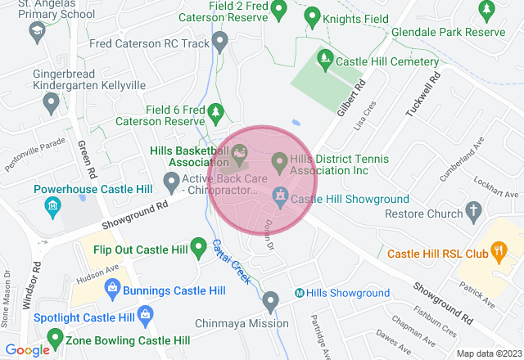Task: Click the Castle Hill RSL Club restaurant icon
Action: (x=496, y=250)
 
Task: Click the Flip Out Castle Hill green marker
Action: (x=198, y=246)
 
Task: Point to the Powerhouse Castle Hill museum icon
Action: (x=52, y=205)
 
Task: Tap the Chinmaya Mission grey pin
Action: (x=271, y=304)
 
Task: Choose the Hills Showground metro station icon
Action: (x=300, y=293)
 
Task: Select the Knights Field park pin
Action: (x=311, y=16)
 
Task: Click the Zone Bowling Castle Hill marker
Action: (x=55, y=337)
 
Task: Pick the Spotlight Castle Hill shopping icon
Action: (x=145, y=313)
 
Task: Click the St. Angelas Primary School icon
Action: (x=35, y=33)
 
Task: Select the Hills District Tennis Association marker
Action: (x=279, y=163)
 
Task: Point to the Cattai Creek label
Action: (x=230, y=261)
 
